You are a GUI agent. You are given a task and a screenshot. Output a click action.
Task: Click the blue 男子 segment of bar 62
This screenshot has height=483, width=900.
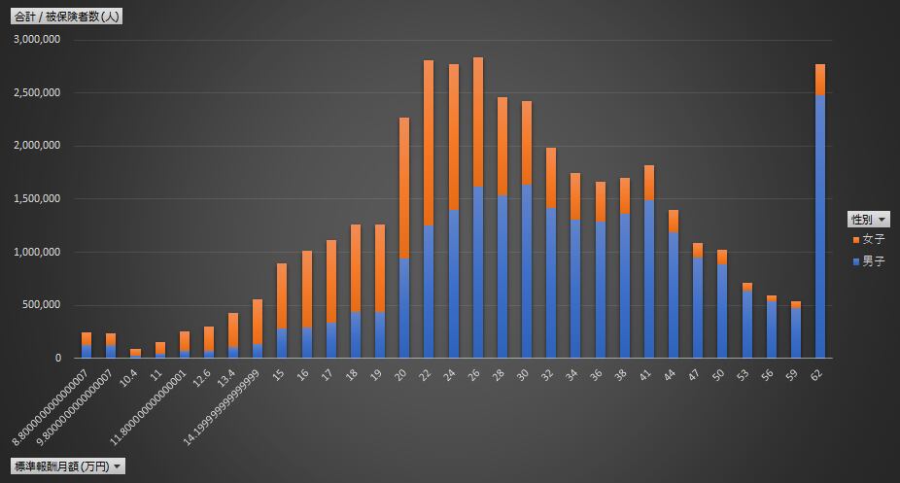pyautogui.click(x=820, y=225)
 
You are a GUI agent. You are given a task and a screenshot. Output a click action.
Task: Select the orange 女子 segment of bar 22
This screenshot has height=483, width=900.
pyautogui.click(x=429, y=143)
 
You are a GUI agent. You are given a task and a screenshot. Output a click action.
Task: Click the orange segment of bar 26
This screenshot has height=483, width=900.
pyautogui.click(x=477, y=121)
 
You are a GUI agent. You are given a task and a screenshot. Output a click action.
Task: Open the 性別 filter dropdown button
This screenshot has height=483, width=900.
pyautogui.click(x=868, y=219)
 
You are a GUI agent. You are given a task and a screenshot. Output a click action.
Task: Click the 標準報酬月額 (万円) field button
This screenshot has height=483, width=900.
pyautogui.click(x=68, y=466)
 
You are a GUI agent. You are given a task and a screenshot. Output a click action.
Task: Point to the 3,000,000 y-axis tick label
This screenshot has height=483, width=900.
pyautogui.click(x=38, y=40)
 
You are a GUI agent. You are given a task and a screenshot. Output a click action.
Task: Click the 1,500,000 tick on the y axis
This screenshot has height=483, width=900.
pyautogui.click(x=38, y=199)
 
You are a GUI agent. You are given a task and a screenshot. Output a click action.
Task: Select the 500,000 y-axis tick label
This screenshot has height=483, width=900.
pyautogui.click(x=42, y=305)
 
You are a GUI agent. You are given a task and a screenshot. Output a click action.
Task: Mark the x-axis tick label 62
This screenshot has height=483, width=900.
pyautogui.click(x=820, y=372)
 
